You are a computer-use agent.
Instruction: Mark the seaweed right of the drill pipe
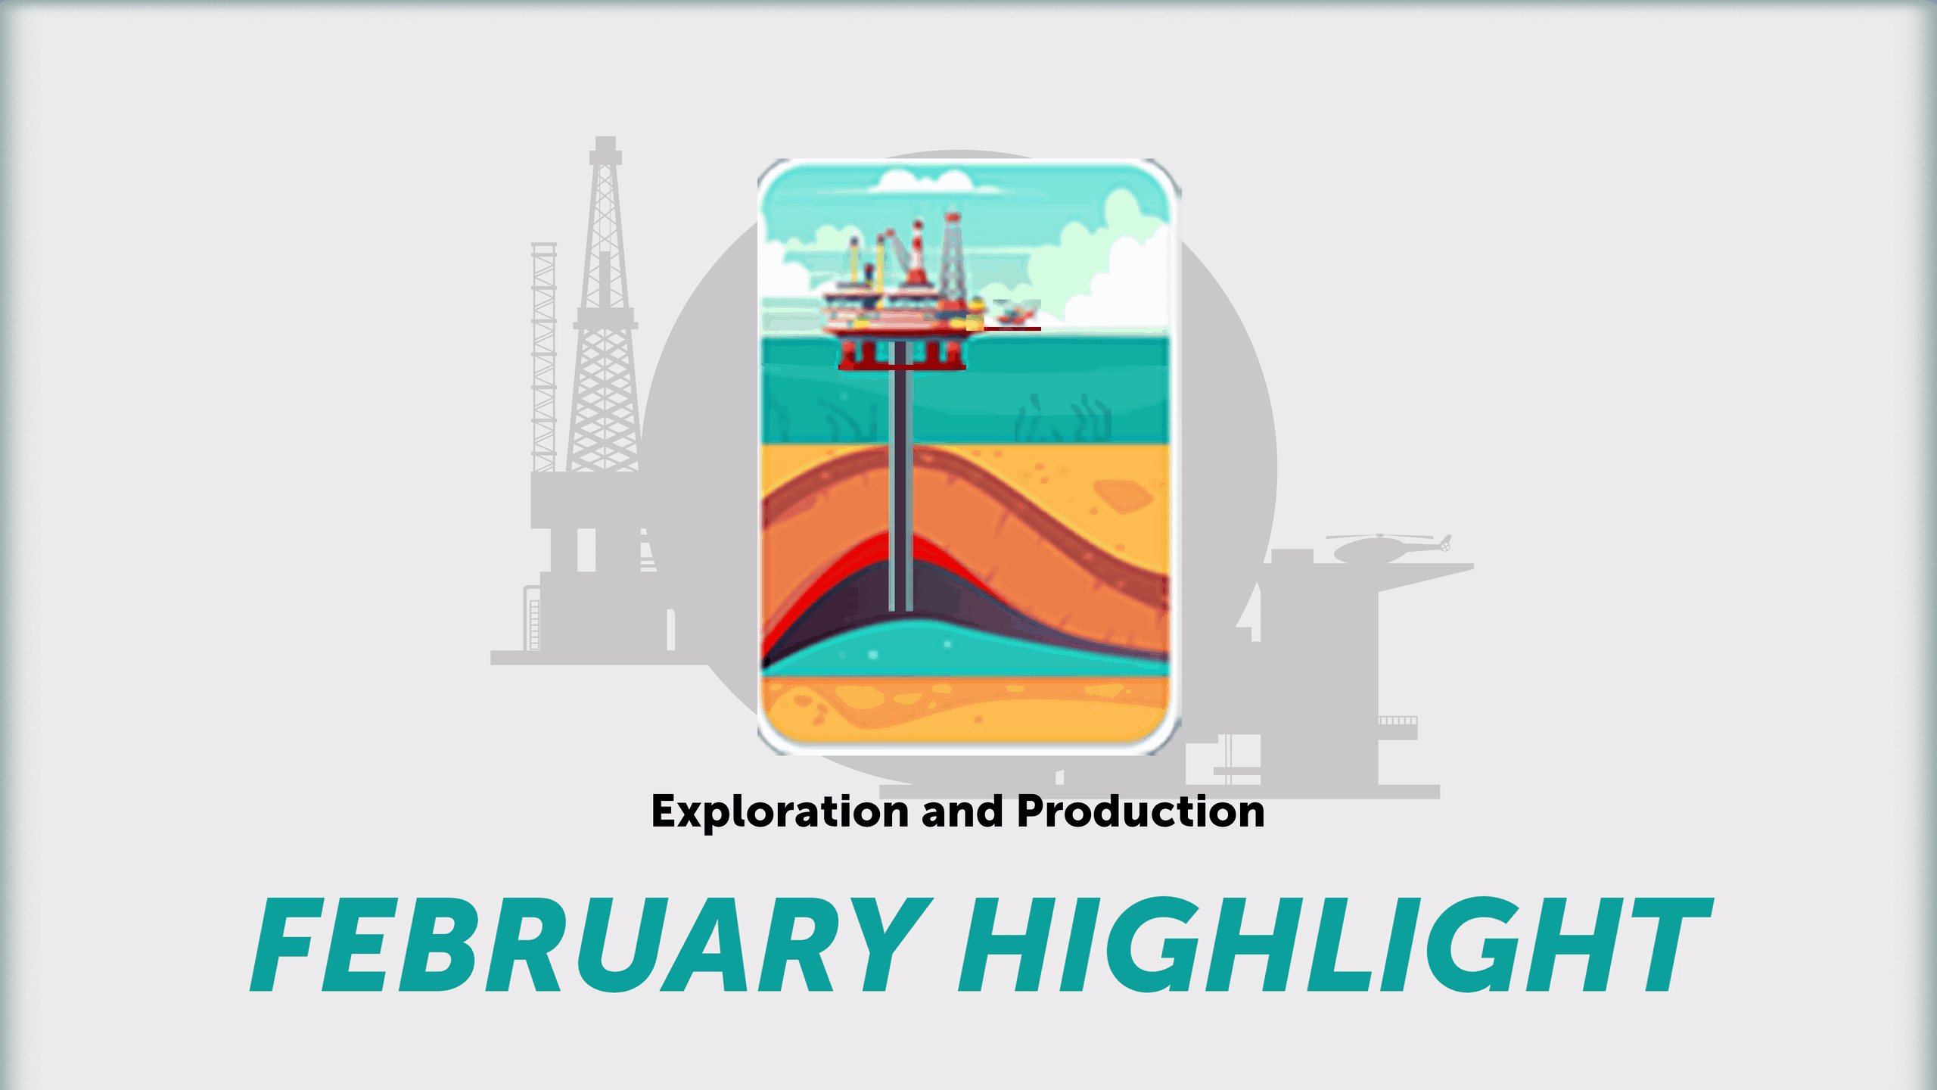click(x=1059, y=421)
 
